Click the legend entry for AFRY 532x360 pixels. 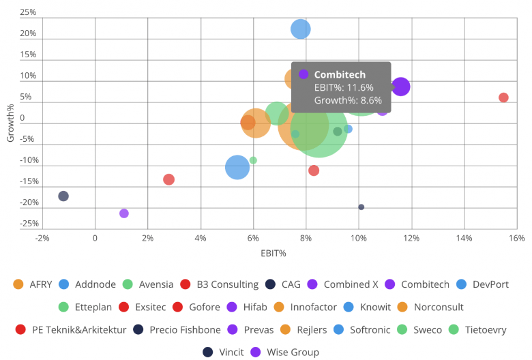pyautogui.click(x=36, y=284)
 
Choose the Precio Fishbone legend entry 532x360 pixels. pyautogui.click(x=181, y=330)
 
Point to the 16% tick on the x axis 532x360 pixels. pyautogui.click(x=516, y=238)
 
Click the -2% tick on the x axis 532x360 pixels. pyautogui.click(x=42, y=238)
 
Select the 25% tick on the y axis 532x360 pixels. pyautogui.click(x=28, y=13)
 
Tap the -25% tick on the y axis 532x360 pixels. pyautogui.click(x=27, y=224)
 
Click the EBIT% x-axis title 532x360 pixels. pyautogui.click(x=272, y=254)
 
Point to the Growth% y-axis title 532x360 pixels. pyautogui.click(x=10, y=123)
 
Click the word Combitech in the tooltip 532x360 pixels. pyautogui.click(x=340, y=75)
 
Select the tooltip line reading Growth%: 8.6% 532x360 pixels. pyautogui.click(x=348, y=100)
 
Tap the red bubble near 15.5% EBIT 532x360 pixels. pyautogui.click(x=503, y=97)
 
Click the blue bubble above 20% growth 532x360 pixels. pyautogui.click(x=301, y=29)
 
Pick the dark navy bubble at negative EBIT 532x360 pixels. pyautogui.click(x=63, y=196)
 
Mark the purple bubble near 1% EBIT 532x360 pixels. pyautogui.click(x=124, y=213)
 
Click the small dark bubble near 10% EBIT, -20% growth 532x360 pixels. pyautogui.click(x=361, y=207)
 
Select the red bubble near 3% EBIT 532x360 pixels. pyautogui.click(x=168, y=179)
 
